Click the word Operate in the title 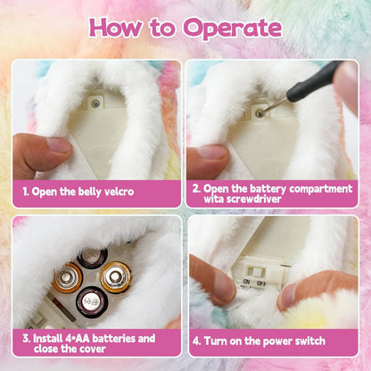click(232, 29)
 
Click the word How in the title click(115, 27)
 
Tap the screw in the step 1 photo click(96, 103)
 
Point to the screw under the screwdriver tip click(259, 113)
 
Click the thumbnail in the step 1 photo click(59, 145)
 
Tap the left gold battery click(67, 277)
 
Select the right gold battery click(115, 276)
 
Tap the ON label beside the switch click(246, 281)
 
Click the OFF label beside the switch click(261, 283)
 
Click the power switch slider click(255, 271)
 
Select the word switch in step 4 click(310, 341)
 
